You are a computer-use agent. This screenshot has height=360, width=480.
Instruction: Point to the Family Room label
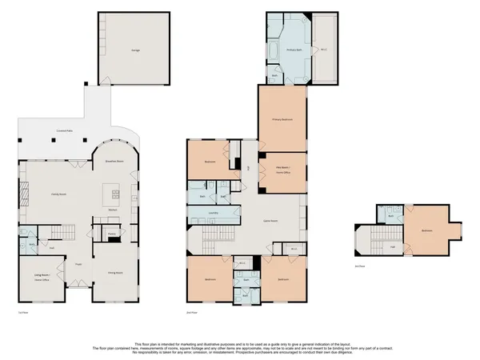[x=58, y=194]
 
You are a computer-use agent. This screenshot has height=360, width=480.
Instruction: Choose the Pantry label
[x=111, y=235]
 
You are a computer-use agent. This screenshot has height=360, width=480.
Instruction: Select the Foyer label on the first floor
[x=79, y=263]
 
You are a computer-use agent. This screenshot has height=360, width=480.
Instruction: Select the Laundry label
[x=214, y=213]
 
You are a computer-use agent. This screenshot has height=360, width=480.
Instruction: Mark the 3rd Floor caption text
[x=359, y=266]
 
